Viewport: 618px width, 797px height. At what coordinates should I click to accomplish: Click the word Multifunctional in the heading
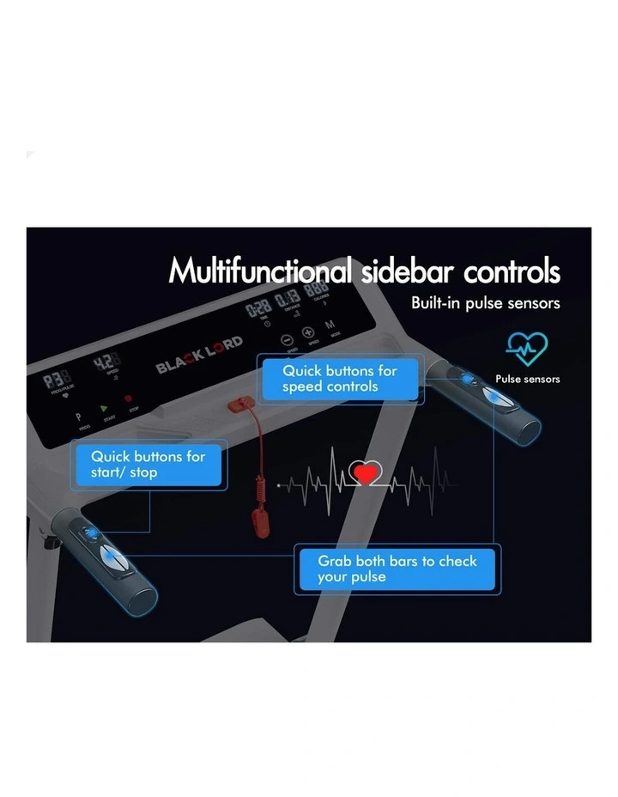pos(259,271)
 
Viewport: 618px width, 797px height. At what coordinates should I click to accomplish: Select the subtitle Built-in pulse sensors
pos(485,303)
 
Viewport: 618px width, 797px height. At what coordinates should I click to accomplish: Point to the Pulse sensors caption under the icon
pos(527,379)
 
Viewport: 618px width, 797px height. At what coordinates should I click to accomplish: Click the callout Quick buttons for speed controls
pos(340,379)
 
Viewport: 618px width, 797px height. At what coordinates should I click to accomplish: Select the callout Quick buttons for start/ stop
pos(148,465)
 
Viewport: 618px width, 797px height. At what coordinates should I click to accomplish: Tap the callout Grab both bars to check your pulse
pos(397,569)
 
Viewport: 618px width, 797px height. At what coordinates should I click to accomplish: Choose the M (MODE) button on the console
pos(330,326)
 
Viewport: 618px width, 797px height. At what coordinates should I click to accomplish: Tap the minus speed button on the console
pos(288,339)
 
